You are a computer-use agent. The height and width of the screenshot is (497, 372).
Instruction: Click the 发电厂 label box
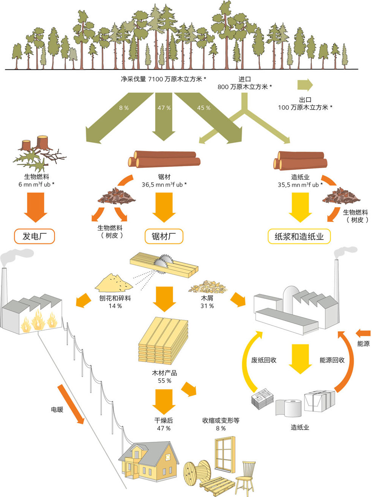click(34, 236)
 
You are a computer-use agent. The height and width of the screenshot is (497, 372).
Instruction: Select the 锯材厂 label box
click(164, 236)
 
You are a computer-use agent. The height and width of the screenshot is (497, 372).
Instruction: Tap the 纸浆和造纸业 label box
click(299, 236)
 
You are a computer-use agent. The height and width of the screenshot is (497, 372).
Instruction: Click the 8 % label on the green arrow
click(124, 108)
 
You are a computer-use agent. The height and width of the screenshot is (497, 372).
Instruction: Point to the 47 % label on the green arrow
click(164, 108)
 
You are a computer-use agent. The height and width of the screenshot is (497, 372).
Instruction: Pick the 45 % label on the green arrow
click(203, 108)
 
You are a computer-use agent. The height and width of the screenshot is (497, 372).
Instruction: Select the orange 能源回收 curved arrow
click(347, 361)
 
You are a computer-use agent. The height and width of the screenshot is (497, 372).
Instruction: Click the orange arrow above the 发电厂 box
click(35, 206)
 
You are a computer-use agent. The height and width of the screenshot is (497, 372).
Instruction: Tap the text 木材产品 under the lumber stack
click(164, 373)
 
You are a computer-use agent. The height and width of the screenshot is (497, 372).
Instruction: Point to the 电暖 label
click(57, 410)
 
